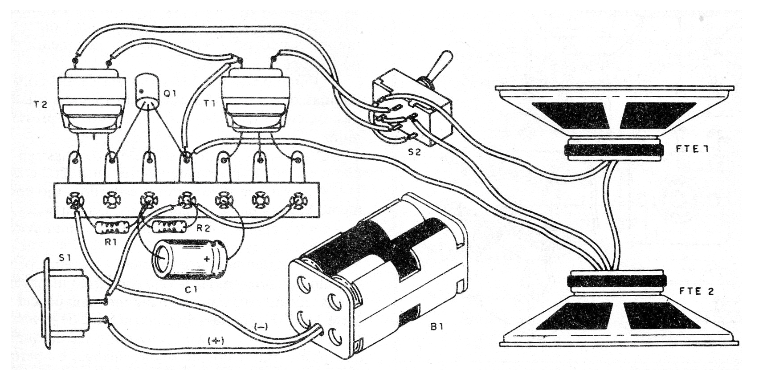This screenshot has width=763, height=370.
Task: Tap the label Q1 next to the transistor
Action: (171, 94)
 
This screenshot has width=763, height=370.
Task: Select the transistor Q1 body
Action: (147, 91)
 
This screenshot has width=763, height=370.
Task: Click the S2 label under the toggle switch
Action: (414, 152)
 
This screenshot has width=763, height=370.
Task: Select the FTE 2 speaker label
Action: (696, 292)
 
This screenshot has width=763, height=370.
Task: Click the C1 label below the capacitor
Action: (191, 290)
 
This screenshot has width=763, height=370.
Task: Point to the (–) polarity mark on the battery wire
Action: (261, 326)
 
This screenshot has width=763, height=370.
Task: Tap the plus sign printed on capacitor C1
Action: (207, 259)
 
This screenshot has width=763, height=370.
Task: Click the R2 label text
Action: (203, 229)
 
